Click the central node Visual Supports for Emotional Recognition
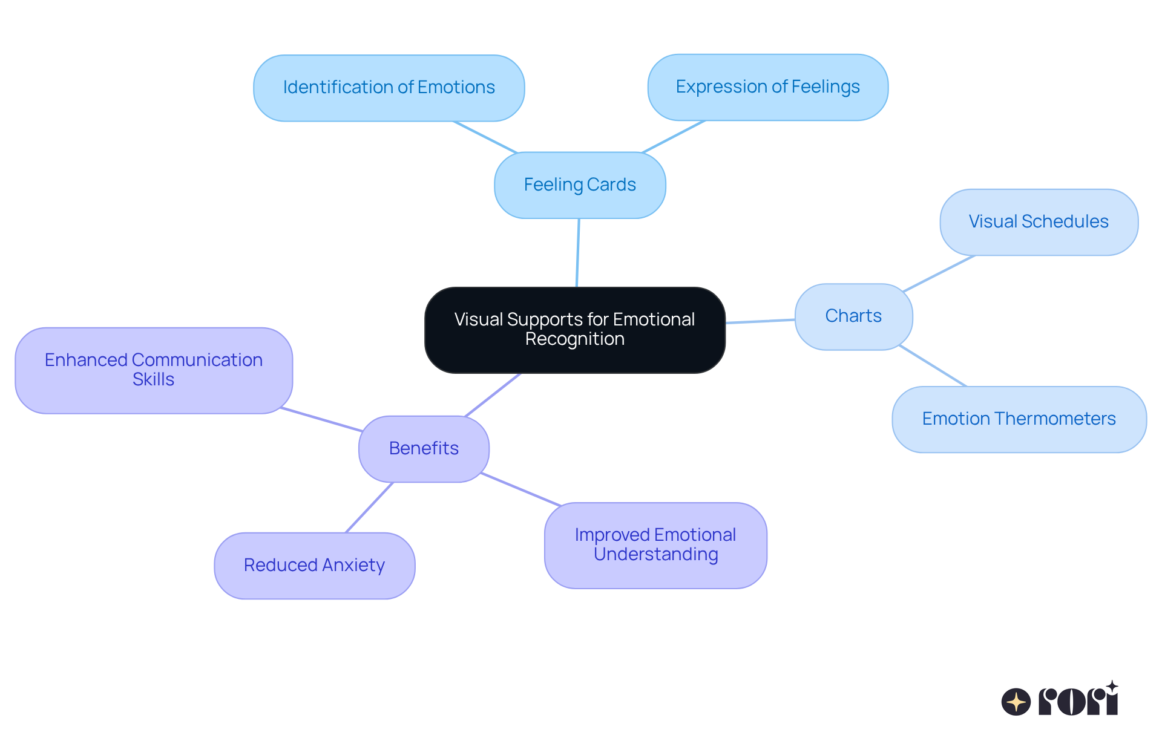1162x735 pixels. [x=574, y=330]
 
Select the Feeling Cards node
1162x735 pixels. [x=580, y=185]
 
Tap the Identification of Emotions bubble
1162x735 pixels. [x=389, y=88]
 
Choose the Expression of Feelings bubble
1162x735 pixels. [x=767, y=87]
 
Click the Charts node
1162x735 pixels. [x=853, y=316]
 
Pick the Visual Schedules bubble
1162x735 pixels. [x=1039, y=222]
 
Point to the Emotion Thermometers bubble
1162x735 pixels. [x=1019, y=419]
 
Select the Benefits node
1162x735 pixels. [x=424, y=449]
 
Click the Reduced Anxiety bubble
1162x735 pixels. [x=314, y=566]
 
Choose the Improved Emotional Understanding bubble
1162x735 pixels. [x=655, y=545]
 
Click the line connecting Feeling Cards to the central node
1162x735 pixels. [x=578, y=253]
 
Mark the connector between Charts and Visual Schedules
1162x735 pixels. [x=939, y=273]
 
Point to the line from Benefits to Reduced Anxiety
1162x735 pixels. [x=369, y=508]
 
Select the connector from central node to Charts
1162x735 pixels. [x=760, y=321]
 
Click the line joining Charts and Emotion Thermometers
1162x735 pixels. [x=933, y=366]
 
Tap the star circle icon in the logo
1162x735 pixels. [x=1016, y=702]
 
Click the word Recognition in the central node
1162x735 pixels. [x=574, y=339]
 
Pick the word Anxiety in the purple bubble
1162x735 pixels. [x=353, y=566]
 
